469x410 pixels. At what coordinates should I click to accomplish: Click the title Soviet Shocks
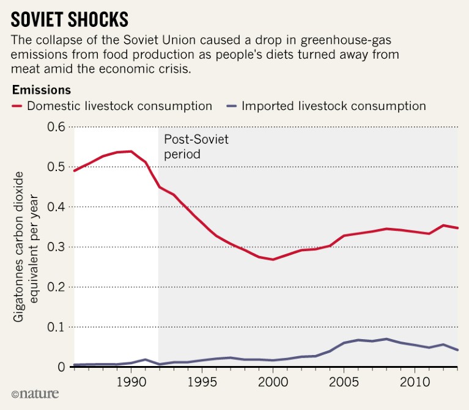point(70,19)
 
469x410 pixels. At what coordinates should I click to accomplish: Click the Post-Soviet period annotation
point(196,147)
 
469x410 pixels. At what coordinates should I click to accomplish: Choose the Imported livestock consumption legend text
point(333,106)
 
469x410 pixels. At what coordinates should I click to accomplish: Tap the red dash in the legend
point(17,106)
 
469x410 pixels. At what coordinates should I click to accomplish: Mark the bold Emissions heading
point(41,90)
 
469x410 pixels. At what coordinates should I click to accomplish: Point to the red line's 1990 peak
point(130,151)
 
